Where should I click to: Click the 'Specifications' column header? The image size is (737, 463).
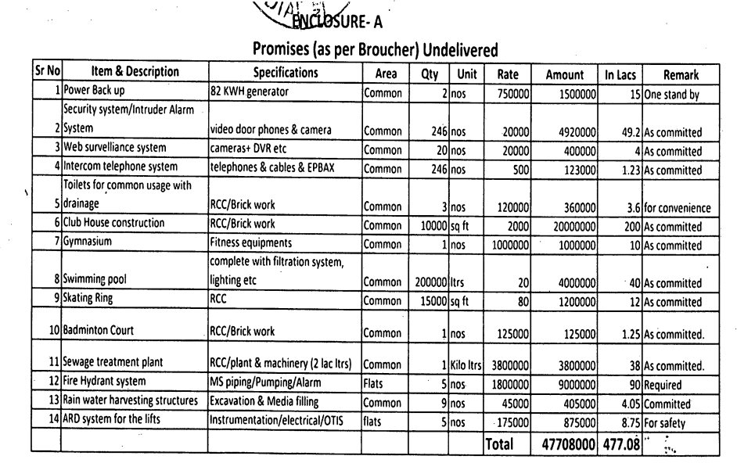286,74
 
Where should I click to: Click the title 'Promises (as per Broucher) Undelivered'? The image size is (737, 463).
375,50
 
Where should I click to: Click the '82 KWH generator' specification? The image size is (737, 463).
246,91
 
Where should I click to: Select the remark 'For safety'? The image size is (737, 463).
667,423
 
